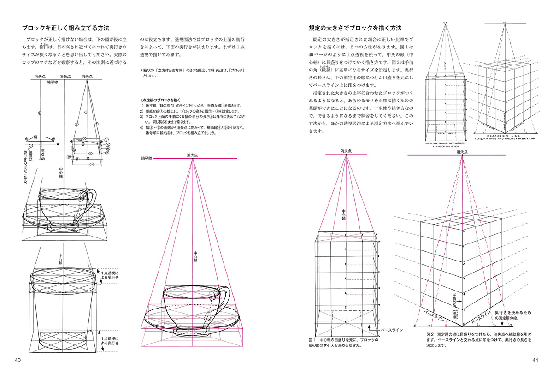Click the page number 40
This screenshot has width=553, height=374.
click(x=18, y=360)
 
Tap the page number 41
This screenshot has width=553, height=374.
click(x=534, y=360)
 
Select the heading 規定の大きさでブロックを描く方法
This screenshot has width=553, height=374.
click(x=355, y=29)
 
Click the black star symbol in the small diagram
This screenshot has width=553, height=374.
click(x=58, y=144)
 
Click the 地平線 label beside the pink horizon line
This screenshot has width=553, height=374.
click(x=147, y=158)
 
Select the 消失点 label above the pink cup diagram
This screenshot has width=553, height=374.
click(x=192, y=154)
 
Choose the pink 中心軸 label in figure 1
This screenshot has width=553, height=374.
click(x=343, y=215)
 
